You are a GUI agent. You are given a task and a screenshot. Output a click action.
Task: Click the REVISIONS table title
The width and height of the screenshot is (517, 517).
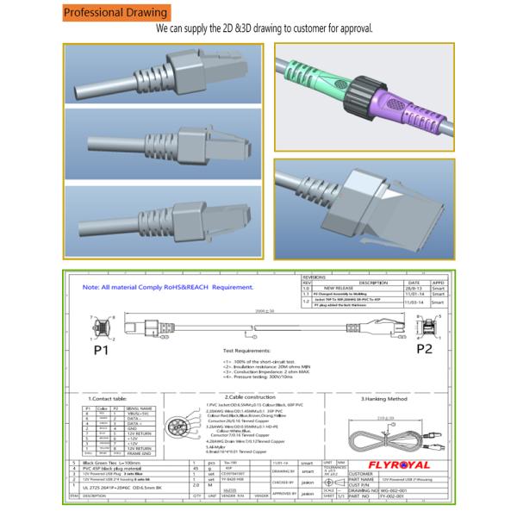pos(315,277)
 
